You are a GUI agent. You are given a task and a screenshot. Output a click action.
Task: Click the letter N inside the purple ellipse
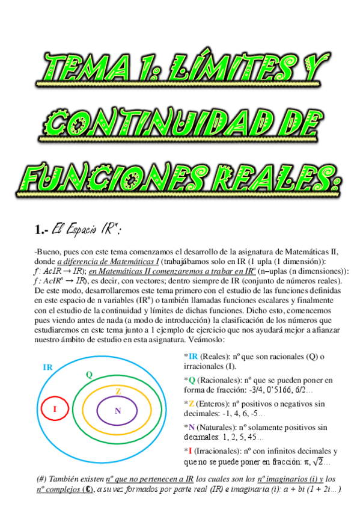(118, 411)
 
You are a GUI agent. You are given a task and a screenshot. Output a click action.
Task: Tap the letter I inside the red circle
(55, 410)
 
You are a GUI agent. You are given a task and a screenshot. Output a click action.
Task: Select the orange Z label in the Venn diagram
(118, 392)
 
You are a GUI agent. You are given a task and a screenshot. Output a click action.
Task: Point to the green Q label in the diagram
(89, 375)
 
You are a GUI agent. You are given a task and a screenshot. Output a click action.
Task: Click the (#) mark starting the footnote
(43, 479)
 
